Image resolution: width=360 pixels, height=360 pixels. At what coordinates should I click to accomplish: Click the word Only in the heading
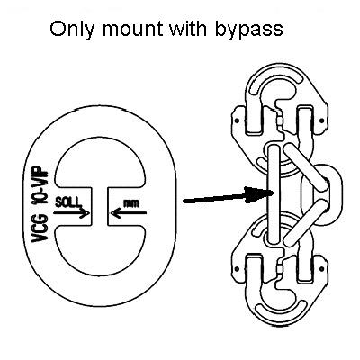coord(72,30)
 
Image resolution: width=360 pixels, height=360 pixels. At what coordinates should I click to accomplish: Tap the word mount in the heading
coord(133,29)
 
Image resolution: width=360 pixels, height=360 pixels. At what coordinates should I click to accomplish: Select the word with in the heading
coord(188,29)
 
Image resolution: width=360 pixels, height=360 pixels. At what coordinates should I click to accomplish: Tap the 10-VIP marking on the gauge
coord(40,187)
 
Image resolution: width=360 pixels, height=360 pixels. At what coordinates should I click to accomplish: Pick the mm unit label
coord(131,203)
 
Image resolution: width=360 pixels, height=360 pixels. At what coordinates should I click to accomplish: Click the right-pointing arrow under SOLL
coord(71,213)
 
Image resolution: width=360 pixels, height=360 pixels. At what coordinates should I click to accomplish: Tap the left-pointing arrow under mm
coord(129,213)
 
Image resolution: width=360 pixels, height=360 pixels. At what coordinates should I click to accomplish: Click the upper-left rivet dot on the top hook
coord(237,121)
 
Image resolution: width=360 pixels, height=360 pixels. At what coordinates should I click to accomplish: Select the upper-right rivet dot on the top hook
coord(322,121)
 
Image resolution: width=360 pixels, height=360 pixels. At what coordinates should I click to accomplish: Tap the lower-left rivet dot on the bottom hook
coord(237,269)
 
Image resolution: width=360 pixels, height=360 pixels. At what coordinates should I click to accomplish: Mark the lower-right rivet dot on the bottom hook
coord(322,269)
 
